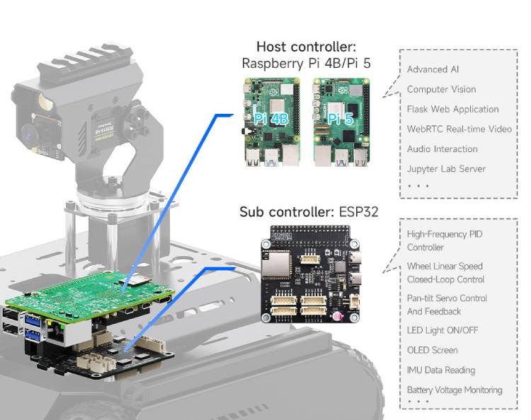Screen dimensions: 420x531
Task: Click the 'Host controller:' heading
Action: pyautogui.click(x=306, y=47)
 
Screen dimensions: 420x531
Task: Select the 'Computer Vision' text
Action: pyautogui.click(x=441, y=89)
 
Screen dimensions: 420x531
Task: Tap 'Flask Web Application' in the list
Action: pyautogui.click(x=452, y=109)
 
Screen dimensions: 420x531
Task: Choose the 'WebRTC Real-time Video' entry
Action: pyautogui.click(x=459, y=129)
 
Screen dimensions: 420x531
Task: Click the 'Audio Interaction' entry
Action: pyautogui.click(x=442, y=148)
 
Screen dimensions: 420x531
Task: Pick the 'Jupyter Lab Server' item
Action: pyautogui.click(x=446, y=168)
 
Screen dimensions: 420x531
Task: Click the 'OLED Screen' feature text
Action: pyautogui.click(x=432, y=350)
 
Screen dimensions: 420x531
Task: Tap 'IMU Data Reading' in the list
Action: pyautogui.click(x=440, y=370)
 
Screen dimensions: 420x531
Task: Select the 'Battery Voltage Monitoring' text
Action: pyautogui.click(x=454, y=390)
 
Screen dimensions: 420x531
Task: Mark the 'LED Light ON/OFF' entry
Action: pyautogui.click(x=442, y=330)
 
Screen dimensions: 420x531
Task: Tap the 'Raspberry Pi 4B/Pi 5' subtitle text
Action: pyautogui.click(x=306, y=63)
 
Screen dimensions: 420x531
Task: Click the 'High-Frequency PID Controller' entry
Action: pyautogui.click(x=445, y=240)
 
